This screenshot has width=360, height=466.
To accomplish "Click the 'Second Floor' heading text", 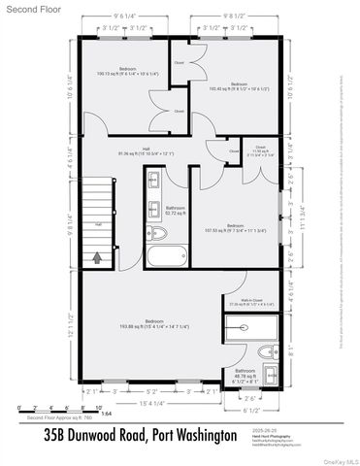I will pos(30,10).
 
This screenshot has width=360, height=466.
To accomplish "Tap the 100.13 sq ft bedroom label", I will pos(127,71).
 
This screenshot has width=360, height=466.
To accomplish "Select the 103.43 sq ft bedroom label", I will pos(238,86).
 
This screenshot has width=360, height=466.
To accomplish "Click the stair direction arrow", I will pos(97,257).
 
